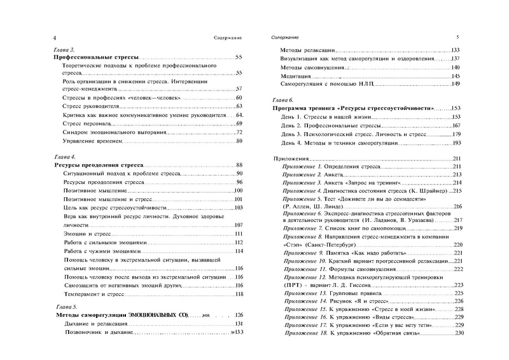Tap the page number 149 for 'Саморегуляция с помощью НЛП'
[x=456, y=85]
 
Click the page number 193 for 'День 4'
[x=456, y=143]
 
